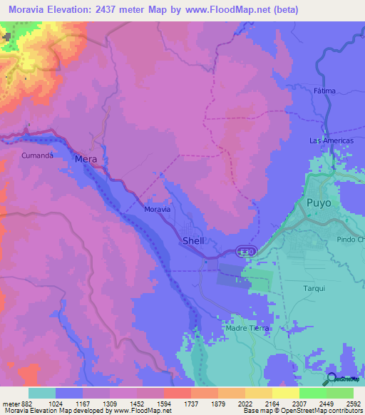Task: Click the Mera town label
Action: pyautogui.click(x=86, y=160)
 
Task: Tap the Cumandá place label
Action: pyautogui.click(x=38, y=155)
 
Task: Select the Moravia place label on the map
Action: pyautogui.click(x=157, y=210)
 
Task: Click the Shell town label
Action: pyautogui.click(x=193, y=241)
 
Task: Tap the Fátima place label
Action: pyautogui.click(x=324, y=91)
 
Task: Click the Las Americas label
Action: pyautogui.click(x=331, y=140)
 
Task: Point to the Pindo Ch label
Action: pyautogui.click(x=350, y=240)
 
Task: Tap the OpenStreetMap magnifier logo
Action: pyautogui.click(x=331, y=379)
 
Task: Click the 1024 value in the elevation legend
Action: pyautogui.click(x=69, y=403)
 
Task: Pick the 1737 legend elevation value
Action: pyautogui.click(x=190, y=403)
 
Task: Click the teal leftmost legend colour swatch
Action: pyautogui.click(x=42, y=393)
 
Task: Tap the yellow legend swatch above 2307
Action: pyautogui.click(x=286, y=393)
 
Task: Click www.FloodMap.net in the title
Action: pyautogui.click(x=222, y=9)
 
